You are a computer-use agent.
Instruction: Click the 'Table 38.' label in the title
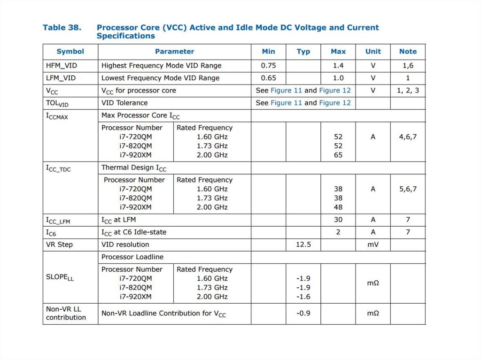[62, 27]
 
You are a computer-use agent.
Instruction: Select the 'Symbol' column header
[70, 52]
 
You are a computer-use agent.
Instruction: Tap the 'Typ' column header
[303, 52]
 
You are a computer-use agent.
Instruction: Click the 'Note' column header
[408, 52]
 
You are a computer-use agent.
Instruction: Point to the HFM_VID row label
[61, 66]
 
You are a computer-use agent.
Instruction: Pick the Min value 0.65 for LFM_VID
[269, 78]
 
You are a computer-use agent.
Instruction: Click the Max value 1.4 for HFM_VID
[338, 66]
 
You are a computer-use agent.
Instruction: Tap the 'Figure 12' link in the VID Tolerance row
[335, 103]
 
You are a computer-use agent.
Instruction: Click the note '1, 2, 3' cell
[408, 90]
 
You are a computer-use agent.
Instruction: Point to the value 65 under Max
[338, 155]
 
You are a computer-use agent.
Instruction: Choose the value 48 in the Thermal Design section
[338, 207]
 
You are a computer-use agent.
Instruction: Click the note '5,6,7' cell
[408, 189]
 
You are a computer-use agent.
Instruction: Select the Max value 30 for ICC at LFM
[338, 220]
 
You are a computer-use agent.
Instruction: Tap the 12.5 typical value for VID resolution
[303, 245]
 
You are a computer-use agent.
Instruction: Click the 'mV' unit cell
[373, 245]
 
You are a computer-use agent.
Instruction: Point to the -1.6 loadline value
[303, 297]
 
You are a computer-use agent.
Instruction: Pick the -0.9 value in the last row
[303, 313]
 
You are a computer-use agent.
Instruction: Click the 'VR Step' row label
[59, 245]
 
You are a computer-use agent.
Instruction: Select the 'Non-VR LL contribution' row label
[66, 313]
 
